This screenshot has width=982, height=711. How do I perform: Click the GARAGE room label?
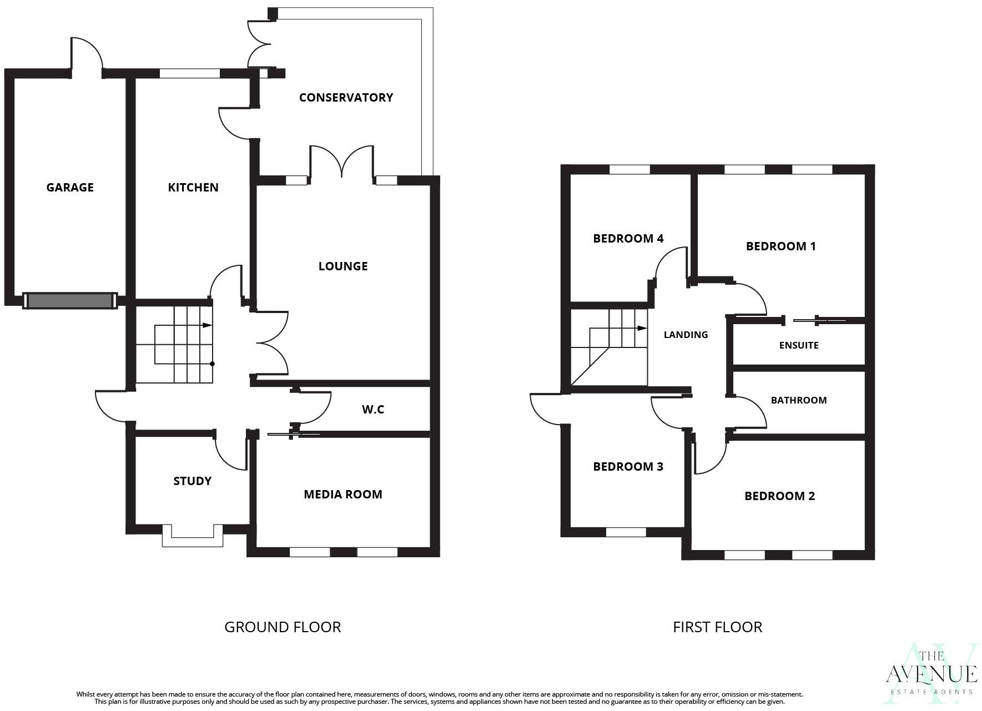coord(70,188)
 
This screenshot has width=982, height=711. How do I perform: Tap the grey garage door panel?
coord(69,300)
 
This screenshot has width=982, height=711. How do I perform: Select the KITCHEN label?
coord(193,188)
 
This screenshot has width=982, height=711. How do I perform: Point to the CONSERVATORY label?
coord(346,98)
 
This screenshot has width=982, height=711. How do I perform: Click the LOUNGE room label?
coord(343,266)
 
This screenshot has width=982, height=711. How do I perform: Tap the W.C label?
coord(373,410)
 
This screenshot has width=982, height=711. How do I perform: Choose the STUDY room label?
coord(192,481)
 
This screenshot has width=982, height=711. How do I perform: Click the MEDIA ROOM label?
coord(343,495)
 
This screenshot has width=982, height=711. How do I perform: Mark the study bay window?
coord(192,536)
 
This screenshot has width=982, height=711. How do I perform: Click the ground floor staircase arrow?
coord(206,325)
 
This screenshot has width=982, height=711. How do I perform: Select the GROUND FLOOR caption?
coord(283,627)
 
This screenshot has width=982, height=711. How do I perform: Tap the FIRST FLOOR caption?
coord(717,627)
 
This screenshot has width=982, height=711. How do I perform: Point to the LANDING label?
coord(686,335)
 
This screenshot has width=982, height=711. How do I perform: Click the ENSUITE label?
coord(799,345)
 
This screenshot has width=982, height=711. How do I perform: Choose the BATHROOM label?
coord(799,400)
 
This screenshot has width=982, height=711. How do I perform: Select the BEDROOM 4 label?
coord(628,239)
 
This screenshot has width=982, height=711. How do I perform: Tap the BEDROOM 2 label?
coord(779,496)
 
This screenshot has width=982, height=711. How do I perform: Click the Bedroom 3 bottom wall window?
coord(626,532)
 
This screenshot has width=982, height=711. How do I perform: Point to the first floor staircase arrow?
coord(641,328)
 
